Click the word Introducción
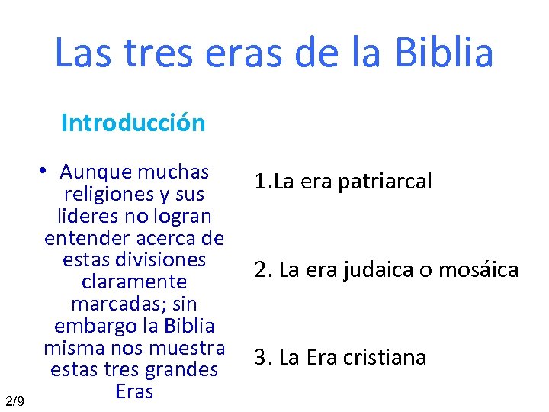pos(133,123)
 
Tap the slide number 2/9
pos(14,401)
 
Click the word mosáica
pos(480,269)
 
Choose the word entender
pos(81,238)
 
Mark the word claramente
pos(133,282)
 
